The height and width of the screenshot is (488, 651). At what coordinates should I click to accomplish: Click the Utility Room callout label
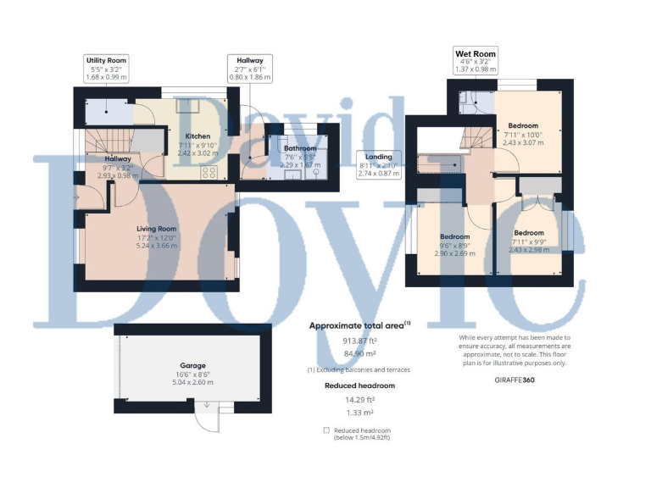tap(106, 61)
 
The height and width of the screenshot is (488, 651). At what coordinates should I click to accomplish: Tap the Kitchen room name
tap(198, 136)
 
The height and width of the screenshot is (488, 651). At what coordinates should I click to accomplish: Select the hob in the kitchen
tap(209, 172)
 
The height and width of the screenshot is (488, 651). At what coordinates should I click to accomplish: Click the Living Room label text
tap(157, 228)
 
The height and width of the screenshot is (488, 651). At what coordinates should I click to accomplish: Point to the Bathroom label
tap(300, 148)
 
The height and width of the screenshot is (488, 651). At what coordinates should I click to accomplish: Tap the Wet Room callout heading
tap(475, 54)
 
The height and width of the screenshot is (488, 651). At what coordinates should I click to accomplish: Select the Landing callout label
tap(378, 157)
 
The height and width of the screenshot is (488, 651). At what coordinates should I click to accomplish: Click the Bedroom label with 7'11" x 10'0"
tap(521, 125)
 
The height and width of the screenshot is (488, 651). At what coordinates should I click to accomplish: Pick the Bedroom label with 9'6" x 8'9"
tap(454, 236)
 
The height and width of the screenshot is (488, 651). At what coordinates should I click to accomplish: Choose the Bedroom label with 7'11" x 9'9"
tap(529, 232)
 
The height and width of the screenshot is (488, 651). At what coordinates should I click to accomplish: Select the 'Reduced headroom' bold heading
tap(359, 385)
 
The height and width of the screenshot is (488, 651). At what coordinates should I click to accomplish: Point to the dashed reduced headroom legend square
tap(326, 430)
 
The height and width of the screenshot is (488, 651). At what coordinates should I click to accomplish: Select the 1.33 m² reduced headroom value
tap(359, 413)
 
